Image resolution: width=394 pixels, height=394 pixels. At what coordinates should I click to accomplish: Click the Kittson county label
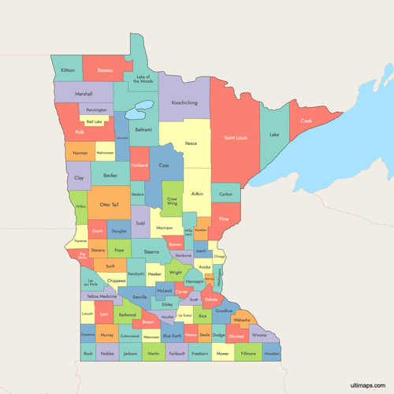(x=68, y=70)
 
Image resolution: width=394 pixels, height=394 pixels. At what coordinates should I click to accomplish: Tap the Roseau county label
(x=104, y=70)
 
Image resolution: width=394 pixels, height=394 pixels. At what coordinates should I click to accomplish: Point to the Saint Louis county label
(x=236, y=138)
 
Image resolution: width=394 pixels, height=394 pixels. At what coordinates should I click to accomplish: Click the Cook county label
(x=306, y=121)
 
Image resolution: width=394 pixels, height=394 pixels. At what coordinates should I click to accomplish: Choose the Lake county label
(x=274, y=135)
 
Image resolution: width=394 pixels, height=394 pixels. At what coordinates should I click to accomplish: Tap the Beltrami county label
(x=143, y=128)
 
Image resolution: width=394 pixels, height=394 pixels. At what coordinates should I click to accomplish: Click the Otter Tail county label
(x=110, y=204)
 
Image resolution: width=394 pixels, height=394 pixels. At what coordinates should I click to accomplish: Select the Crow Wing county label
(x=171, y=201)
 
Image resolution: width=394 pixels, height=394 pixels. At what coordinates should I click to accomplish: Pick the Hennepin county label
(x=195, y=281)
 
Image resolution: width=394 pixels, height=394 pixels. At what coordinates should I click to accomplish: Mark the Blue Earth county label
(x=172, y=336)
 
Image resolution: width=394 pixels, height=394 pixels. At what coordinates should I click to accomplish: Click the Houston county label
(x=272, y=354)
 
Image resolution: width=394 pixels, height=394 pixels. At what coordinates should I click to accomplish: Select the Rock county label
(x=87, y=354)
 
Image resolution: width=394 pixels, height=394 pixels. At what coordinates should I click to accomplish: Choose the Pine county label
(x=224, y=218)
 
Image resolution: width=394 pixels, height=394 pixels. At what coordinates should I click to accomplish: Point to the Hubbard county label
(x=139, y=165)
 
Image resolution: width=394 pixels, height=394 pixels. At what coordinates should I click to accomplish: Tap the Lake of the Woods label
(x=143, y=79)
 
